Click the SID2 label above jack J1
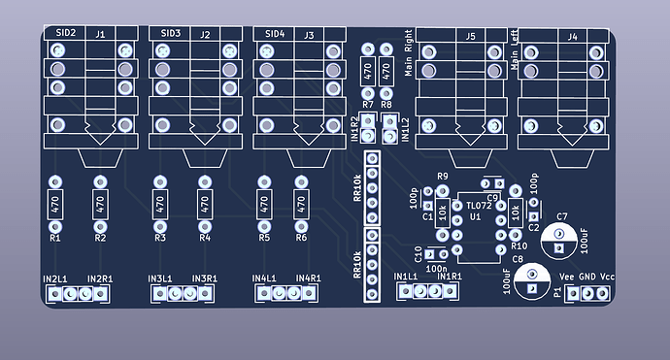point(66,33)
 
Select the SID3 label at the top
point(171,33)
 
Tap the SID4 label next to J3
point(275,33)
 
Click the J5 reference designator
point(470,37)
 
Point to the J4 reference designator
point(572,37)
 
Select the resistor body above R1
point(54,205)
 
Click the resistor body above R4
point(205,205)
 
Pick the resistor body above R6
point(301,205)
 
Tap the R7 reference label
point(367,104)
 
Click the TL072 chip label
point(479,207)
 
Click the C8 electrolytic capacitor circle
point(530,281)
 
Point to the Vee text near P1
point(566,277)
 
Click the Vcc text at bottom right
point(608,277)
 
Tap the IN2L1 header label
point(54,278)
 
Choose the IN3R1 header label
point(204,278)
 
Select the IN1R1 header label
point(449,277)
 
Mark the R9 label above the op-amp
point(443,176)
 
